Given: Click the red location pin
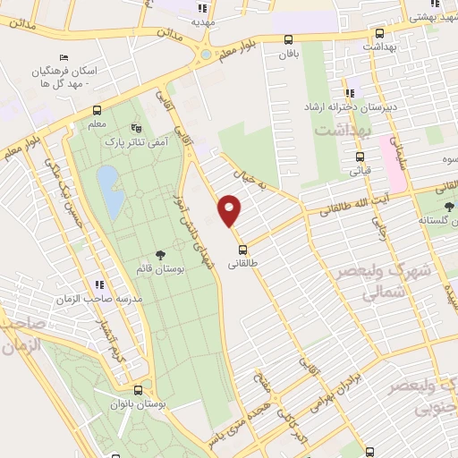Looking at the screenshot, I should pos(230,209).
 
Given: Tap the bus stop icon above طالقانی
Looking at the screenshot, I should pos(242,248).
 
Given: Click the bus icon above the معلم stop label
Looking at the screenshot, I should pos(97,111).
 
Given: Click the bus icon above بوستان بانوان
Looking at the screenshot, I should pos(137,390).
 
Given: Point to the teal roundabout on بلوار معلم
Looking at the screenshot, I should pos(207,55).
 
